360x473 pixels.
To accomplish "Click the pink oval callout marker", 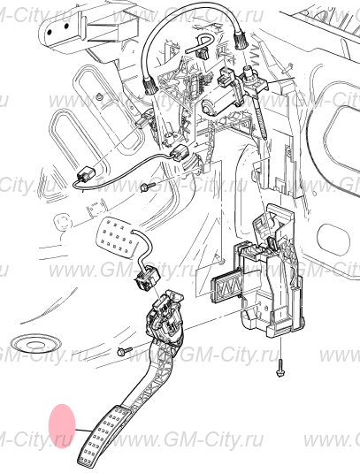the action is (62, 426).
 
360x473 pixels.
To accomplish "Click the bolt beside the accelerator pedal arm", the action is (125, 350).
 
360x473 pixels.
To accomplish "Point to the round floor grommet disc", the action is (35, 344).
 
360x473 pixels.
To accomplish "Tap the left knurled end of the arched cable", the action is (150, 87).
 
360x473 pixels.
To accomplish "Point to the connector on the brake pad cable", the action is (146, 278).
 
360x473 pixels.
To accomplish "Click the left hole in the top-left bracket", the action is (50, 32).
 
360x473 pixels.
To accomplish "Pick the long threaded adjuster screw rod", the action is (260, 117).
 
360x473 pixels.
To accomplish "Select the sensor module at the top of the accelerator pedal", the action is (165, 317).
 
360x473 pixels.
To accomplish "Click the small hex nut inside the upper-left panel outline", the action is (99, 96).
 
